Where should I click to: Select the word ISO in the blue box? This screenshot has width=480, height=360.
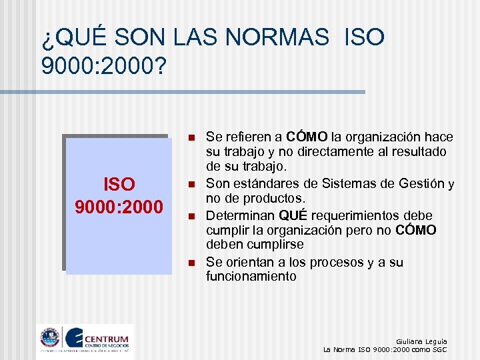click(x=119, y=185)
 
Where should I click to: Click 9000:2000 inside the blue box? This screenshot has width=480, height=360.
click(x=119, y=207)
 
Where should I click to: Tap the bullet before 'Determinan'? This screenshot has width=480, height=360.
click(x=190, y=217)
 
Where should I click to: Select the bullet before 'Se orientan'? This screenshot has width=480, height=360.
click(x=190, y=263)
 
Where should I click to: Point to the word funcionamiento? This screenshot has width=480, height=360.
click(x=251, y=276)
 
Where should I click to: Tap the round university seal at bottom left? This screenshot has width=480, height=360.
click(x=50, y=338)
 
